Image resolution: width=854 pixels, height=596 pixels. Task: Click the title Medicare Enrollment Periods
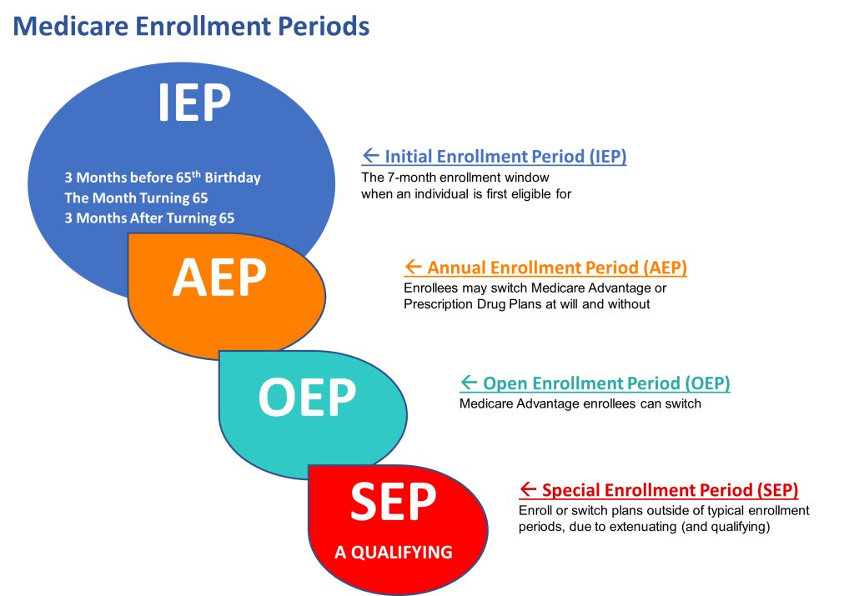(x=191, y=26)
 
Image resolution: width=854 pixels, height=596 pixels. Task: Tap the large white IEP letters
(x=194, y=102)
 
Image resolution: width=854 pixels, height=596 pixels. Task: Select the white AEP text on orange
(x=219, y=277)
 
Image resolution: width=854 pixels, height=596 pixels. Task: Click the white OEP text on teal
(x=307, y=398)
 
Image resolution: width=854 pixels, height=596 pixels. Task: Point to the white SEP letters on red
(x=394, y=501)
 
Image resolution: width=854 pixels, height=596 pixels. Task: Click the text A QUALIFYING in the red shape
(x=394, y=552)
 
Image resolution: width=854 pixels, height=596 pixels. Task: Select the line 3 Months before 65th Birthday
(x=163, y=177)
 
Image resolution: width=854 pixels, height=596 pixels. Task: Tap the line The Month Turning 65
(x=136, y=198)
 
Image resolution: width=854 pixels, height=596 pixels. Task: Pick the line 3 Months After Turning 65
(x=149, y=218)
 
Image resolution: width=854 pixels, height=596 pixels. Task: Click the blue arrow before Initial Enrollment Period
(x=371, y=155)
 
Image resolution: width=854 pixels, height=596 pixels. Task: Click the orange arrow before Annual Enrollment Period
(x=414, y=266)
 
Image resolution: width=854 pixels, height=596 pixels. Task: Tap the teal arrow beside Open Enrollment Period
(x=469, y=382)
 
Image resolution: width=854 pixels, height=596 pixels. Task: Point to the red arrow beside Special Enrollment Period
(x=528, y=488)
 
